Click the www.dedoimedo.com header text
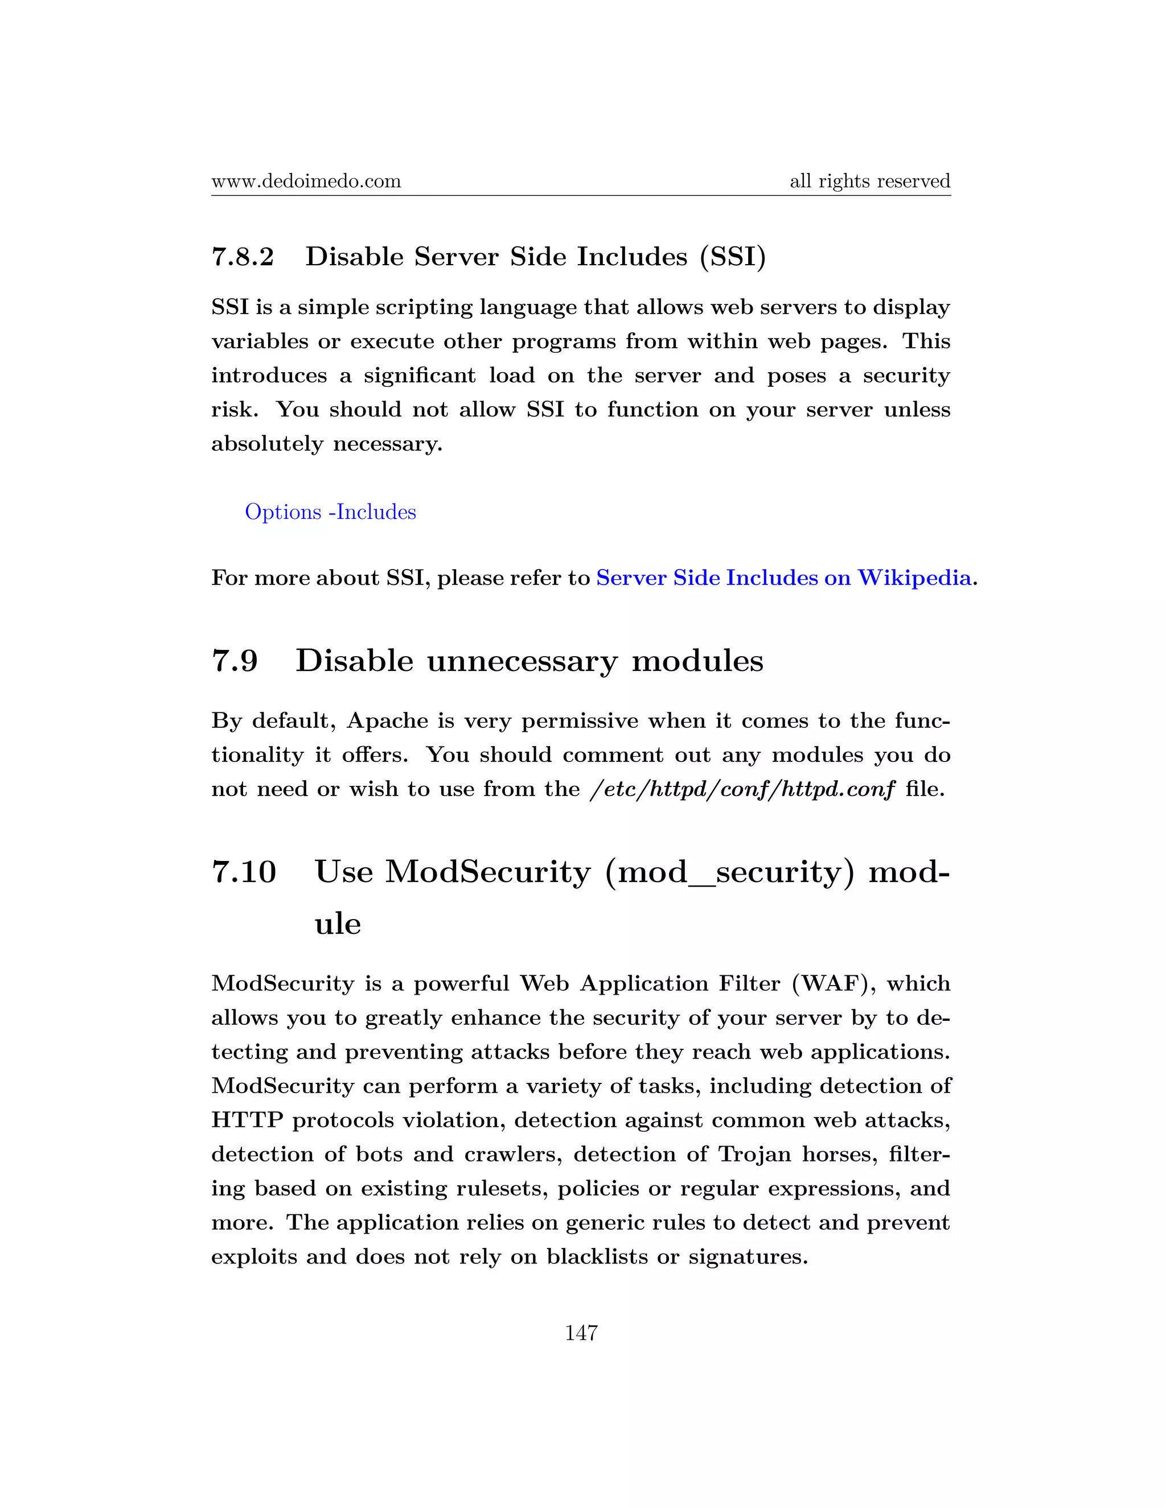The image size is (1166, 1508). tap(306, 182)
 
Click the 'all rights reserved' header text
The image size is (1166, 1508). tap(870, 182)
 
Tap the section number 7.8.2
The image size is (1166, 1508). tap(243, 257)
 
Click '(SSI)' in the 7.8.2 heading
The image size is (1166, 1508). tap(732, 257)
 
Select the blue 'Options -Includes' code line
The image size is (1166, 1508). tap(330, 512)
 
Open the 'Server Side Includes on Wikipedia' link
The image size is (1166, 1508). tap(783, 577)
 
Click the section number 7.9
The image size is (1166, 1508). tap(235, 661)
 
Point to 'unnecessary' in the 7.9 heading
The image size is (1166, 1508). tap(522, 661)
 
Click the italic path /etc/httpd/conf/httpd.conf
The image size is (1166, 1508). tap(742, 789)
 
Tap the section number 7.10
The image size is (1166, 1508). tap(244, 871)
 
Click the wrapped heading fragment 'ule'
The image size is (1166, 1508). tap(338, 924)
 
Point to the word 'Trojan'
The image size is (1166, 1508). tap(754, 1154)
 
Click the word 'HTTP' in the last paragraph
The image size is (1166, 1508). tap(247, 1120)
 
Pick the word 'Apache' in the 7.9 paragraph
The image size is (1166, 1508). tap(388, 721)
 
